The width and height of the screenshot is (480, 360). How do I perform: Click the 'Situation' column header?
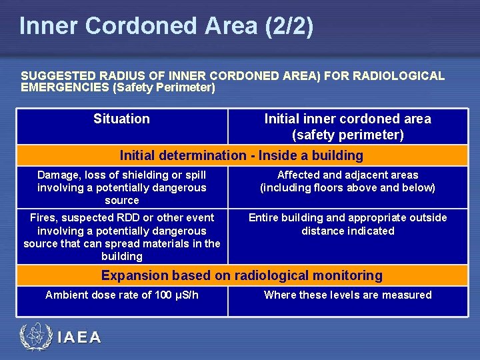[121, 119]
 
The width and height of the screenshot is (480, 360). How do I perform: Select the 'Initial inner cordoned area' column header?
[347, 119]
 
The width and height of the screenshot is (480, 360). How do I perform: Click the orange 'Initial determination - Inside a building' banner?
[241, 155]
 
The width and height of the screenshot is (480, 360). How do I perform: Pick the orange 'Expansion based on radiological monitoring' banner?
[241, 275]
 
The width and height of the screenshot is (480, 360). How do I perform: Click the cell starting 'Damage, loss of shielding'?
[122, 187]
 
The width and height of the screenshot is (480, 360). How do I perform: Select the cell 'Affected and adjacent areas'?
[347, 181]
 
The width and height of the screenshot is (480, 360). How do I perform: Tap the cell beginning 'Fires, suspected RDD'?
[122, 237]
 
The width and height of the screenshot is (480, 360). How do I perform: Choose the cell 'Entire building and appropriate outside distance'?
[347, 224]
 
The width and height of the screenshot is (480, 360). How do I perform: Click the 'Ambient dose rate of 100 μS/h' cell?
[122, 295]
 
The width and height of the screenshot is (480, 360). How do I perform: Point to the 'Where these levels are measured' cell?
[347, 295]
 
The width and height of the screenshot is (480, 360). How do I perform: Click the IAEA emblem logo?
[35, 337]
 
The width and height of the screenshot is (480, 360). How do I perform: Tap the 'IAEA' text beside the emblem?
[79, 338]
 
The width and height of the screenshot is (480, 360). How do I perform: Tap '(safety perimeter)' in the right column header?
[347, 135]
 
